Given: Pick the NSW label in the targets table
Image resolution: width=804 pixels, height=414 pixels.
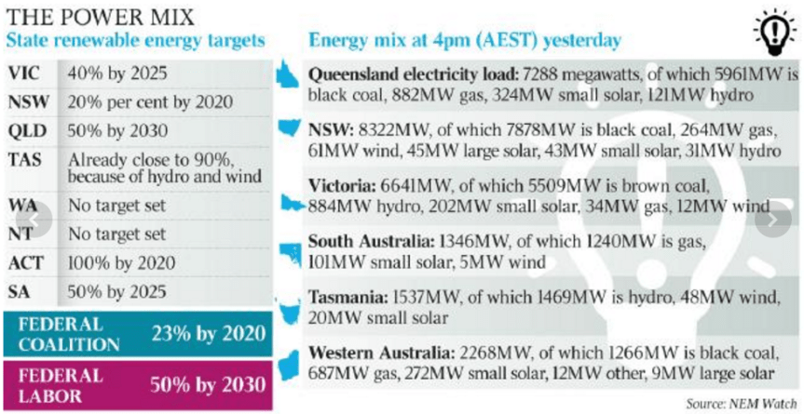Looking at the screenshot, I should tap(28, 100).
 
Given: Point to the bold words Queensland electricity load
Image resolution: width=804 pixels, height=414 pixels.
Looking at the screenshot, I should tap(413, 73).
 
